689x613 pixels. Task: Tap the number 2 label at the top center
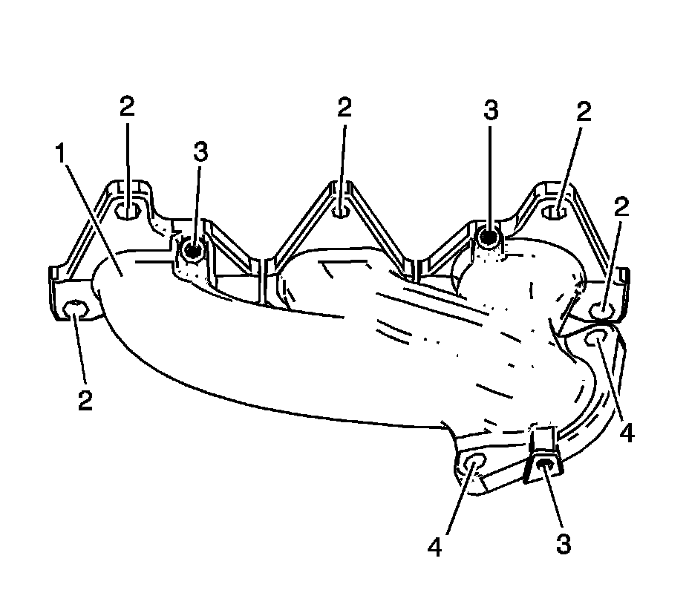[x=343, y=108]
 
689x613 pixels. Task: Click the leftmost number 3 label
[x=200, y=152]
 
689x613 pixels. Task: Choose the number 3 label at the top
[x=490, y=111]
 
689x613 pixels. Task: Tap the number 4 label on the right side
[x=627, y=433]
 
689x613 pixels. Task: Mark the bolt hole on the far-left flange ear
[x=75, y=311]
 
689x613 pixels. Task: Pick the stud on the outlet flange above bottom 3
[x=544, y=465]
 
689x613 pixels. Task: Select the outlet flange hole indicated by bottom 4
[x=474, y=464]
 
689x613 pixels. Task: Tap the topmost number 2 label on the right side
[x=584, y=112]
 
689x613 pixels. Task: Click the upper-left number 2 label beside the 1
[x=127, y=107]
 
